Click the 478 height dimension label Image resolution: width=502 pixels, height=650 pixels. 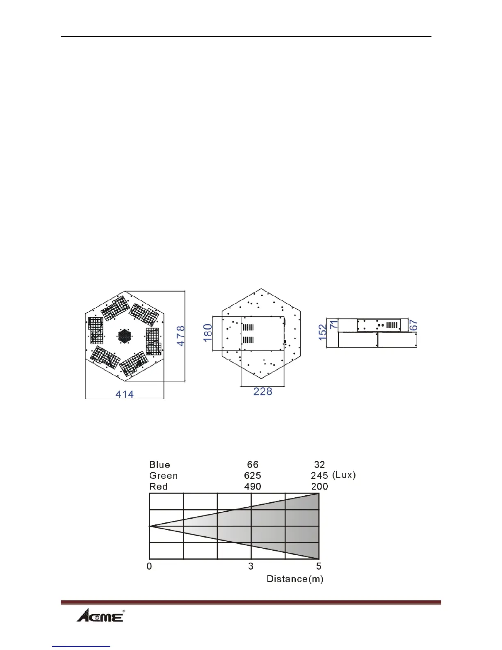click(x=181, y=336)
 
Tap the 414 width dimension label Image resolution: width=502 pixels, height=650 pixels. click(x=124, y=394)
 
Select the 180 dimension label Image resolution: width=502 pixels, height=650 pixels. click(x=208, y=333)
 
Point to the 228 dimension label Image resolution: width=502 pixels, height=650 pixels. click(x=262, y=391)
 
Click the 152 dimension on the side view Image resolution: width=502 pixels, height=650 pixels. click(x=322, y=332)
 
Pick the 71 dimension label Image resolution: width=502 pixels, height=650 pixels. click(x=334, y=324)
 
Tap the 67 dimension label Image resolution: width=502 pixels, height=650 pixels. click(x=413, y=325)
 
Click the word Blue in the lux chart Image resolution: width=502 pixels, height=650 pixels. click(x=160, y=465)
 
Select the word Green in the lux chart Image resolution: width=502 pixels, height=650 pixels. click(x=163, y=476)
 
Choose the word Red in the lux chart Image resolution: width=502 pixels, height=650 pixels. click(x=158, y=486)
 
